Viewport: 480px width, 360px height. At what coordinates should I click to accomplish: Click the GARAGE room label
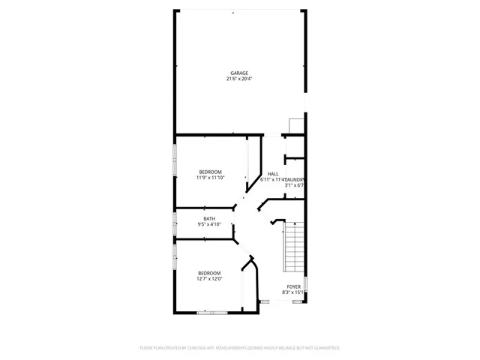(239, 73)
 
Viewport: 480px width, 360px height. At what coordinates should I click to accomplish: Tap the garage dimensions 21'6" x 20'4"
(239, 79)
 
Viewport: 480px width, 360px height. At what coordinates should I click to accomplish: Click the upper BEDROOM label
(210, 172)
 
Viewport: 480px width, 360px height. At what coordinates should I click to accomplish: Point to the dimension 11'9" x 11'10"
(211, 178)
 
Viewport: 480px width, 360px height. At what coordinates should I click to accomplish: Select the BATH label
(208, 218)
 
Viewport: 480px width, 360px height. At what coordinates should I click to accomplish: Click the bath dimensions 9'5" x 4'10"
(209, 224)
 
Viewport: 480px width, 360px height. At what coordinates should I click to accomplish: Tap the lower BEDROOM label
(209, 272)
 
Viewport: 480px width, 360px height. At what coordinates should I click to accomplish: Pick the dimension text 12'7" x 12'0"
(209, 278)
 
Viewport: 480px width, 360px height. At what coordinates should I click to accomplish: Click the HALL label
(273, 174)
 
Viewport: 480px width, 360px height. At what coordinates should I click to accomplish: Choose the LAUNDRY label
(294, 179)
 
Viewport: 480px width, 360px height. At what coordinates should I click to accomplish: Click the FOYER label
(293, 286)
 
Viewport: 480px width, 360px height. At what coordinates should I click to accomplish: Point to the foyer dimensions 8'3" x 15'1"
(293, 292)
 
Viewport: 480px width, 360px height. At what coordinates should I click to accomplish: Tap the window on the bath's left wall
(175, 223)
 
